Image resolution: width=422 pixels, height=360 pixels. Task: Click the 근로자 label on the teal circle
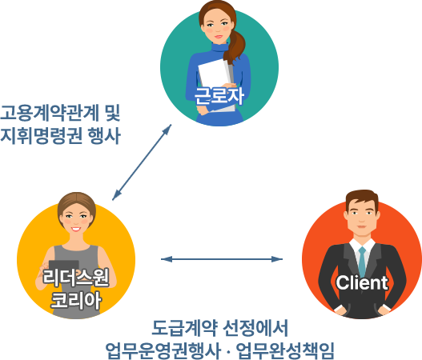[x=219, y=96]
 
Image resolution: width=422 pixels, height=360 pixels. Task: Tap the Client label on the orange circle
[x=362, y=282]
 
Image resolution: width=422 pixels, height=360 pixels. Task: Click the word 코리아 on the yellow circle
[x=76, y=300]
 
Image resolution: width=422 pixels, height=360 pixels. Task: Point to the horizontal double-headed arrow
[x=222, y=259]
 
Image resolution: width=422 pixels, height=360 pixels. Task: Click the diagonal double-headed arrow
[x=142, y=162]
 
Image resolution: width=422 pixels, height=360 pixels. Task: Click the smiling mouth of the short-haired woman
[x=76, y=230]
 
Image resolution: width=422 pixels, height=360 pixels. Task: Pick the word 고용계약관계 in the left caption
[x=50, y=113]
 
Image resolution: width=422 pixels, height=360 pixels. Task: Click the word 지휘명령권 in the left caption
[x=41, y=135]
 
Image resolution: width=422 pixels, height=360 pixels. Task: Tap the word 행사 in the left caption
[x=104, y=135]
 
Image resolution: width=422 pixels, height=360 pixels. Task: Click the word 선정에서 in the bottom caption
[x=256, y=327]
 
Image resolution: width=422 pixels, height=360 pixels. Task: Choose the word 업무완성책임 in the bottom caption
[x=285, y=350]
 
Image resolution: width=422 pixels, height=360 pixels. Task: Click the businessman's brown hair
[x=362, y=197]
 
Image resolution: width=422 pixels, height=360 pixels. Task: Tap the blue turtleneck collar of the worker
[x=219, y=48]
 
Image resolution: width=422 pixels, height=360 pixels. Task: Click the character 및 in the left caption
[x=112, y=113]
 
